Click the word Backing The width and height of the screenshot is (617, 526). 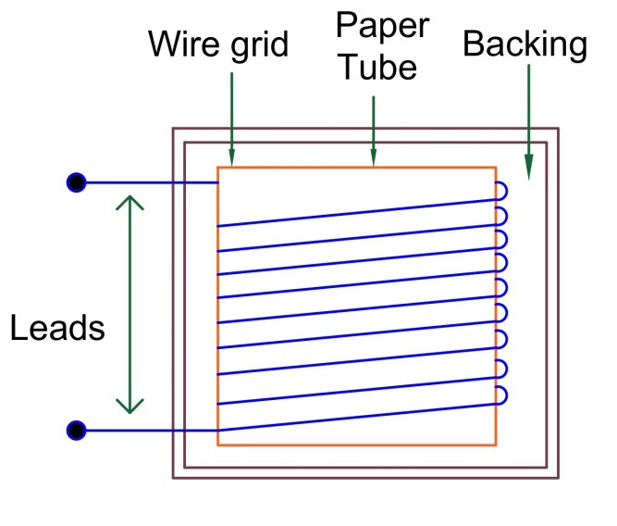tap(525, 45)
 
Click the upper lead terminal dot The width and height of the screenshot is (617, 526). tap(77, 182)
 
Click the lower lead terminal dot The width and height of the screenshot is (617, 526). tap(77, 431)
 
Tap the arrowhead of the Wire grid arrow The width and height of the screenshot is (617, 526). tap(231, 159)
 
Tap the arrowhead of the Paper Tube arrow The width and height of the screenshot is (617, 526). tap(373, 159)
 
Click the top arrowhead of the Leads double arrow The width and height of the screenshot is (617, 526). tap(130, 199)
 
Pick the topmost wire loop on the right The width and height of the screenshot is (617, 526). tap(501, 192)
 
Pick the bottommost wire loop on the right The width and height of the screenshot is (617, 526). tap(501, 396)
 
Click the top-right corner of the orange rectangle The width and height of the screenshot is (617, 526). tap(496, 168)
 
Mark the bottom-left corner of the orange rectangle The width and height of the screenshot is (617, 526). tap(218, 445)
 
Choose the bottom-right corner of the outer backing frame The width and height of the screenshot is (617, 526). tap(559, 478)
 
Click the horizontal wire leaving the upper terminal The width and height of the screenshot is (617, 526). tap(148, 183)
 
